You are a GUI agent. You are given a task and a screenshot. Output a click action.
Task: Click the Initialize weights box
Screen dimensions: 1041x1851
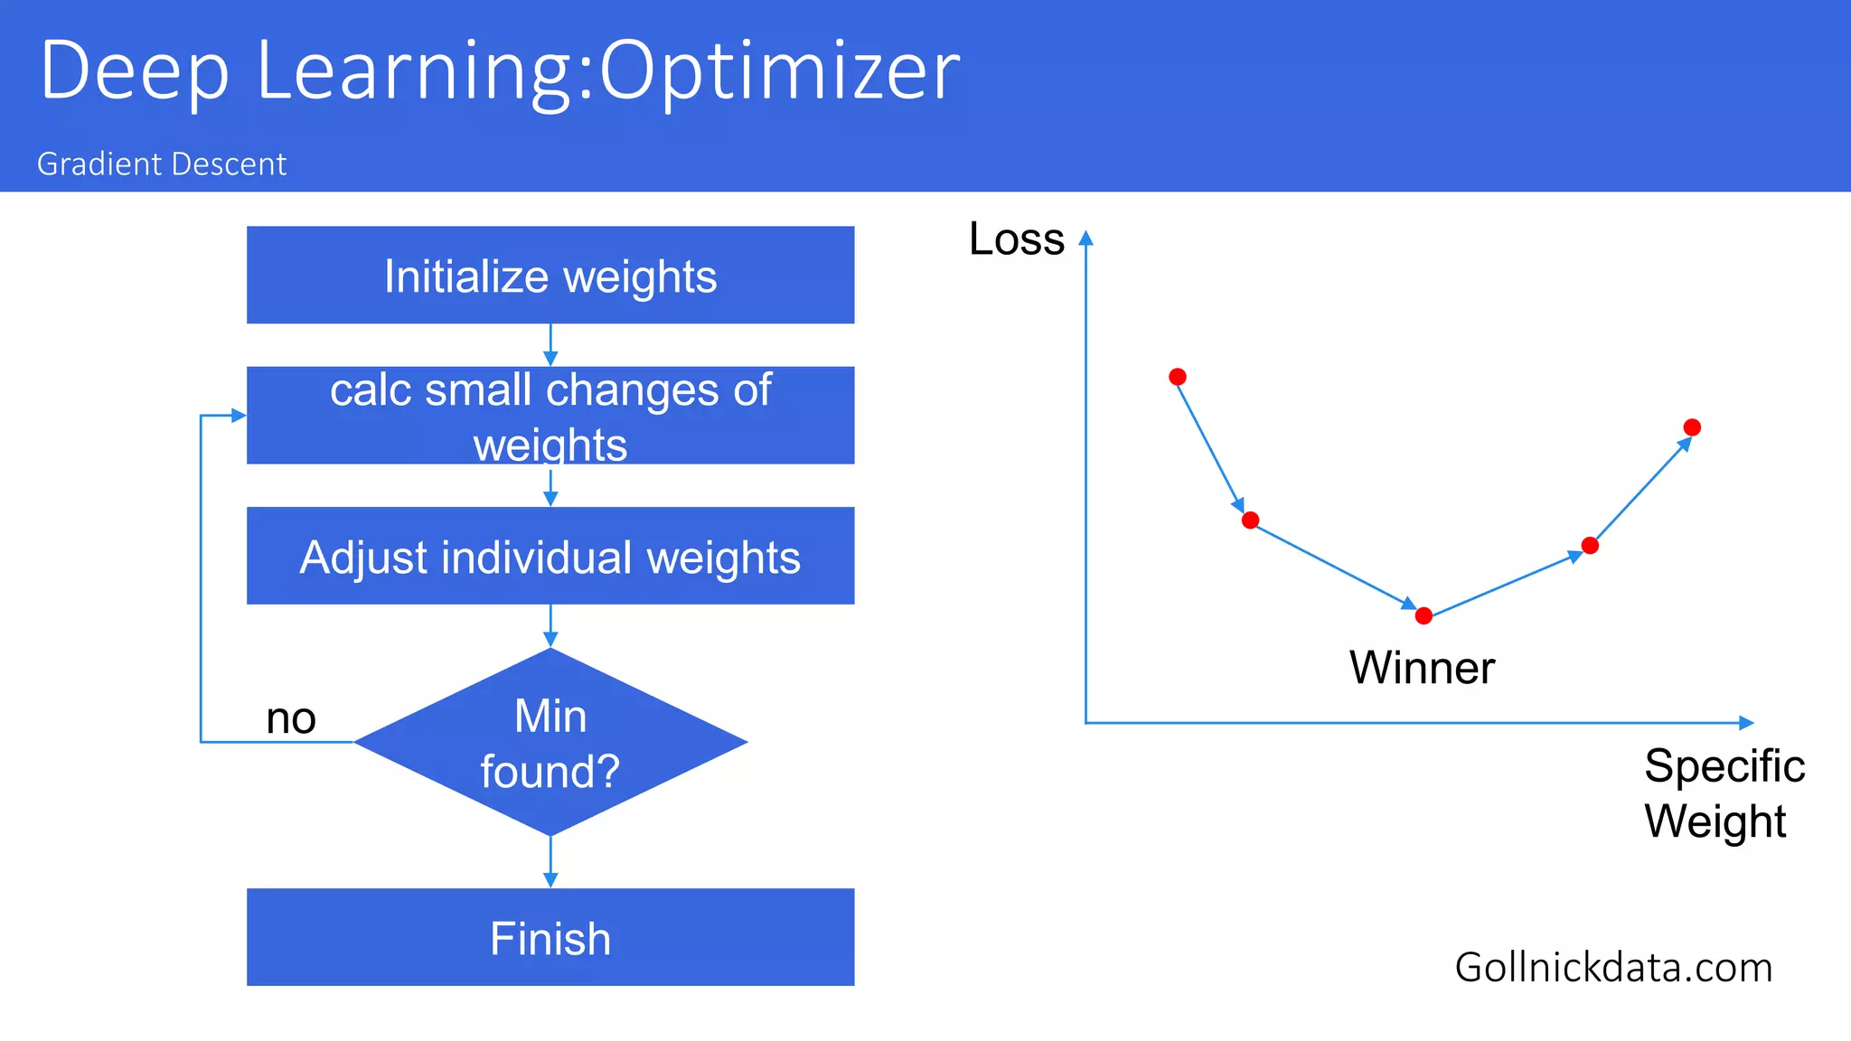[x=550, y=275]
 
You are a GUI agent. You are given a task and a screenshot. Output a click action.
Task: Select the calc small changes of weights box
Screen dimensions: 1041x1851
[x=550, y=415]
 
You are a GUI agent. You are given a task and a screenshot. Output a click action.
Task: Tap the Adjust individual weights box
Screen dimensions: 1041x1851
[x=550, y=556]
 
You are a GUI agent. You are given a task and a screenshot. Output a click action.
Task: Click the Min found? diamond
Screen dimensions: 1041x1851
[x=550, y=742]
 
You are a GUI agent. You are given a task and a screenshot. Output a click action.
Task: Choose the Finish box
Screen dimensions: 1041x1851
[x=550, y=937]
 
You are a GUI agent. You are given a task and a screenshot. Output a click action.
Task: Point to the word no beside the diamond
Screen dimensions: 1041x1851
[x=291, y=719]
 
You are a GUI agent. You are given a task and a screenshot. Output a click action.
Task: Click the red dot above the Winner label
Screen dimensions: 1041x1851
[x=1423, y=616]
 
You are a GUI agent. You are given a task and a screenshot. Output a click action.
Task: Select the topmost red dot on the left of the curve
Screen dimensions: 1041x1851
[x=1178, y=377]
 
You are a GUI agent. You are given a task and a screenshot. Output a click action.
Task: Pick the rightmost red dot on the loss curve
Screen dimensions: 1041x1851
[x=1692, y=427]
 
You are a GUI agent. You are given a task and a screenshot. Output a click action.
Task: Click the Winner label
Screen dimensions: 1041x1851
[x=1422, y=668]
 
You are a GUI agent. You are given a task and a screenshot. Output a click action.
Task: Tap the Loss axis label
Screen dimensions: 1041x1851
[x=1017, y=239]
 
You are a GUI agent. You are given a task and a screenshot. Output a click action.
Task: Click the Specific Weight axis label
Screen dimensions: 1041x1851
[x=1723, y=793]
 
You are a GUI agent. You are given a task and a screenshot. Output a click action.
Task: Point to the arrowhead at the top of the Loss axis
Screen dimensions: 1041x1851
[x=1086, y=238]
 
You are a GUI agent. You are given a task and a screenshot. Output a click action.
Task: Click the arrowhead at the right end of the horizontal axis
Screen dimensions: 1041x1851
[x=1746, y=723]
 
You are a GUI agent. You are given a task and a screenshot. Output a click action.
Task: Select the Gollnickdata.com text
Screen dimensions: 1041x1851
[x=1613, y=968]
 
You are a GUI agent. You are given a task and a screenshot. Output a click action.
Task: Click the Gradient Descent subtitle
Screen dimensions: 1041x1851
[x=162, y=164]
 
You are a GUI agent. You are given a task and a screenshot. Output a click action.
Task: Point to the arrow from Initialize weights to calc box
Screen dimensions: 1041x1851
[x=550, y=345]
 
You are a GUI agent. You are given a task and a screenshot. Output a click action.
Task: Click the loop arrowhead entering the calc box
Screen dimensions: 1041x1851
[x=239, y=416]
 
